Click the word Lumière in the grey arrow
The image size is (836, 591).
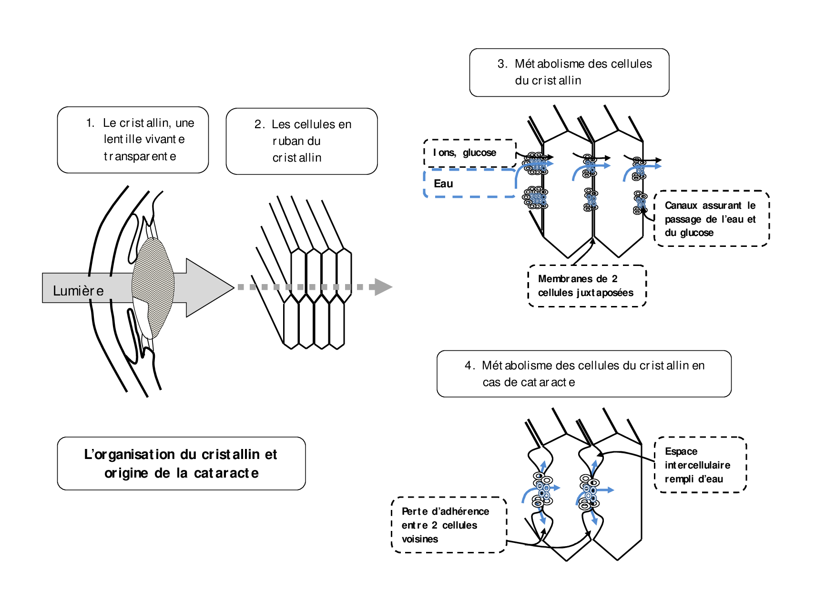pos(78,290)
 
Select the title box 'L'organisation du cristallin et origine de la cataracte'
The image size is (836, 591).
pos(181,463)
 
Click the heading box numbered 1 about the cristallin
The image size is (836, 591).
pos(133,140)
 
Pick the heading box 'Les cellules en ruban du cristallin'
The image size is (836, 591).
pos(302,141)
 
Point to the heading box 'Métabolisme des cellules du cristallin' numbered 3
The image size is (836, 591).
pos(569,72)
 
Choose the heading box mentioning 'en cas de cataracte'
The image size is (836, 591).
pos(584,374)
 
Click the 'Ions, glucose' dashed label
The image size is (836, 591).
pos(469,153)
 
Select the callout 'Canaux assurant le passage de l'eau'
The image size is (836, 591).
pos(711,219)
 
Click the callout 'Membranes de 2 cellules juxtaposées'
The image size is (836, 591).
pos(587,286)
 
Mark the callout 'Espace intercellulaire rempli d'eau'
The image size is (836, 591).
pos(700,465)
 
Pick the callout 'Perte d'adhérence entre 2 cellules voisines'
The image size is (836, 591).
pos(449,525)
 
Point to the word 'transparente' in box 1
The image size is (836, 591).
pos(140,156)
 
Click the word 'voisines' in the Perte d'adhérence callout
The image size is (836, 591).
pos(420,539)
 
